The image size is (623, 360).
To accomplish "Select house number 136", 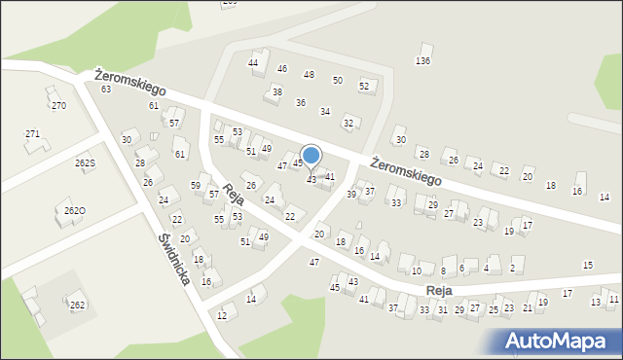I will [x=422, y=61].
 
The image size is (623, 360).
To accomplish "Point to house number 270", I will [x=58, y=105].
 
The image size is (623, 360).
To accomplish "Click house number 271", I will [x=33, y=133].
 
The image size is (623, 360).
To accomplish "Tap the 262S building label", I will [x=86, y=163].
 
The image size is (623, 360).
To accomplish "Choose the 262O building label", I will [x=74, y=211].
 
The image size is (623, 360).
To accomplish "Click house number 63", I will [x=106, y=90].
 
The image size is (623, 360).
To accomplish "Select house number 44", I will [x=253, y=63].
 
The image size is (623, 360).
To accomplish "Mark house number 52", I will [x=364, y=86].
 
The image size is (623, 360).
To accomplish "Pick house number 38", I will [x=276, y=92].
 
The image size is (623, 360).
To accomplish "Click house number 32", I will [x=348, y=123].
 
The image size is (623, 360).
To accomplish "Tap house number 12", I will [x=222, y=316].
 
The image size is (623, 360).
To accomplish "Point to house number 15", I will [x=587, y=265].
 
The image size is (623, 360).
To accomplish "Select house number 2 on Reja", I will [x=512, y=269].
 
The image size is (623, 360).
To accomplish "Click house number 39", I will [x=351, y=194].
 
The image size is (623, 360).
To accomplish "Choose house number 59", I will [x=196, y=186].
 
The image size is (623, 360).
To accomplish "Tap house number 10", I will [x=416, y=270].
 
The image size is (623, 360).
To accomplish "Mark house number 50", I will [x=337, y=81].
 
